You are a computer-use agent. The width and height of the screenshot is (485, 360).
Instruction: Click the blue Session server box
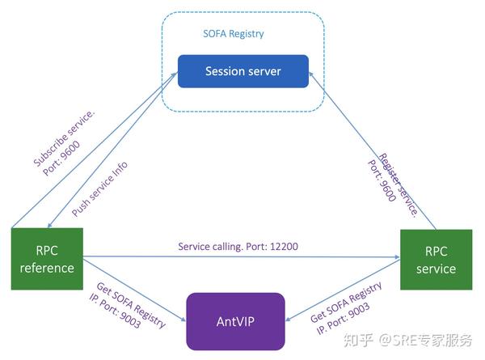point(243,71)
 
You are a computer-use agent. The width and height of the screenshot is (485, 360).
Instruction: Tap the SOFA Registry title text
point(234,34)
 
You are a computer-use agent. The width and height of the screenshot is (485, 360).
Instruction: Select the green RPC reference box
point(47,259)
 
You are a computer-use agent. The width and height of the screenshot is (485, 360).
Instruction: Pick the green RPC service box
point(436,260)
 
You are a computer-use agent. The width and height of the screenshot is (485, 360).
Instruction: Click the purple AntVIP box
point(235,322)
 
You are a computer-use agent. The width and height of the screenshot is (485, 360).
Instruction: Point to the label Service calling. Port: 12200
point(238,247)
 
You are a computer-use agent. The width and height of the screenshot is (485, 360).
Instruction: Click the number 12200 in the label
point(284,247)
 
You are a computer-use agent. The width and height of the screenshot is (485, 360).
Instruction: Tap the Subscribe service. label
point(64,138)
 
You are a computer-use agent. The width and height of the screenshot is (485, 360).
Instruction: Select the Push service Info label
point(99,188)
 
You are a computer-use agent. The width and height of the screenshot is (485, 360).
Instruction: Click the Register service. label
point(399,185)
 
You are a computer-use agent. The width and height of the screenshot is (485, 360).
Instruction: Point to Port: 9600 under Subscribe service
point(61,159)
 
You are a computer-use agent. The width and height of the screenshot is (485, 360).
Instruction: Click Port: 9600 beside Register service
point(382,180)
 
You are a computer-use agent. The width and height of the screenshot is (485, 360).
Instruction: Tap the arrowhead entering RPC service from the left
point(397,257)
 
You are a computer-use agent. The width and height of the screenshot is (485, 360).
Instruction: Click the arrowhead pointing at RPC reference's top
point(49,226)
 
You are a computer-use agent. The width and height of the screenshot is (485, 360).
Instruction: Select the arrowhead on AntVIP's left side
point(183,319)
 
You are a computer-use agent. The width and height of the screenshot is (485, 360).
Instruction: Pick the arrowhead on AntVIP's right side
point(288,319)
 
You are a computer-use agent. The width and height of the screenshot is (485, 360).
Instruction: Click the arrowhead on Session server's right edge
point(311,74)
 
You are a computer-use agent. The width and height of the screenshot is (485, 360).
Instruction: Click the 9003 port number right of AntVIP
point(359,311)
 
